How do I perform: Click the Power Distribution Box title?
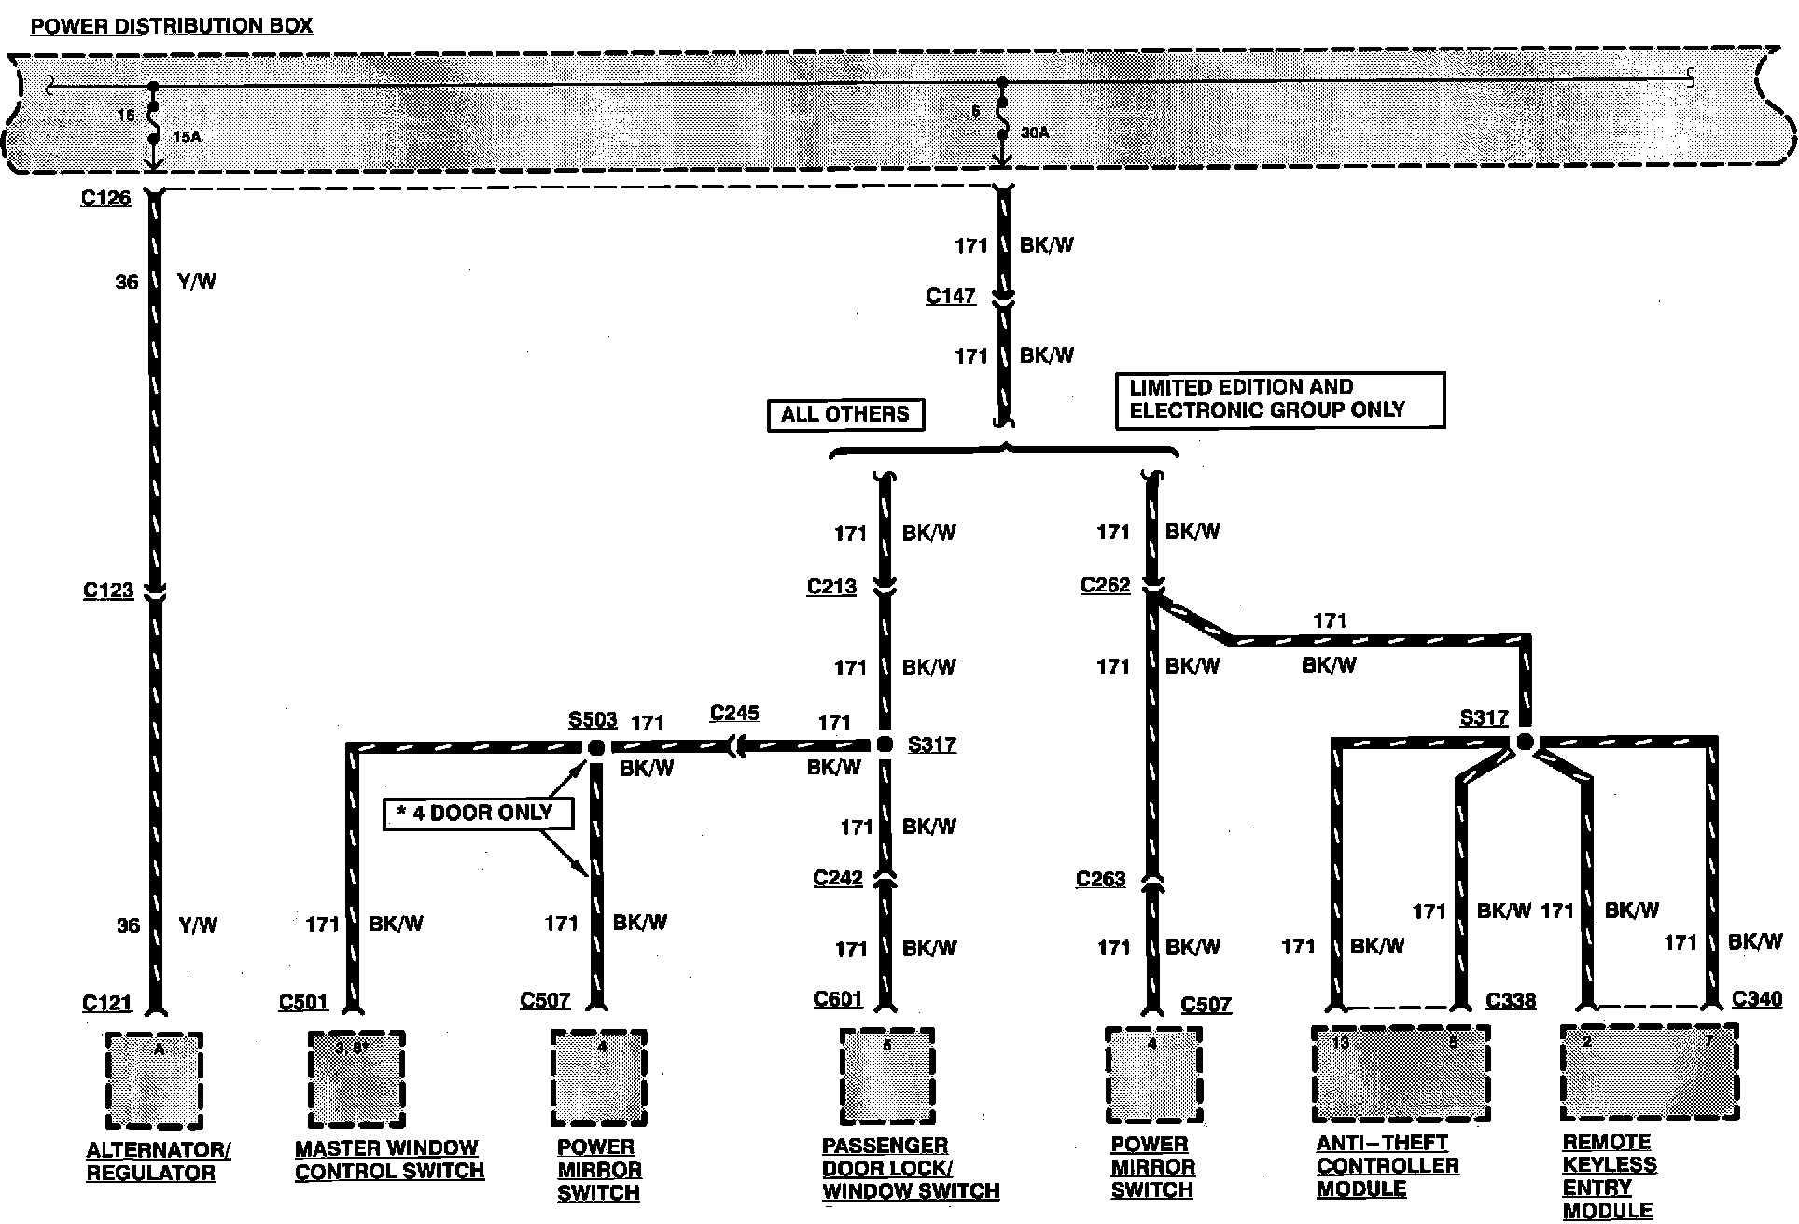click(x=172, y=25)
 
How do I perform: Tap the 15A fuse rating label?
click(x=187, y=137)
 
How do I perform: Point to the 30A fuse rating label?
click(x=1035, y=132)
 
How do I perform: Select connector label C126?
click(x=105, y=198)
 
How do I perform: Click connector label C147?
click(x=950, y=296)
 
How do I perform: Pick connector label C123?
click(x=108, y=591)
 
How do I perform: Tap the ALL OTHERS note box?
click(x=844, y=414)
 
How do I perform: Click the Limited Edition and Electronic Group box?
click(x=1279, y=399)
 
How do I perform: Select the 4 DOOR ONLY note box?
click(x=477, y=813)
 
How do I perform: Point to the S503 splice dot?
click(x=595, y=747)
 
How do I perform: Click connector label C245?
click(x=734, y=713)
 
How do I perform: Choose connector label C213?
click(x=831, y=587)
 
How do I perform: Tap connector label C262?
click(x=1105, y=585)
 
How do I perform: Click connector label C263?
click(x=1100, y=879)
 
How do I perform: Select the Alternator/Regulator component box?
click(x=154, y=1079)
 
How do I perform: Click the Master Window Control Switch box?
click(x=356, y=1078)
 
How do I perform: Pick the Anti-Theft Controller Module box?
click(x=1401, y=1073)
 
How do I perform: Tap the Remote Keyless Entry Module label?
click(x=1610, y=1175)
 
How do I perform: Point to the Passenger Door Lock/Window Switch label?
click(x=910, y=1168)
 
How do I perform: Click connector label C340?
click(x=1757, y=999)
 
